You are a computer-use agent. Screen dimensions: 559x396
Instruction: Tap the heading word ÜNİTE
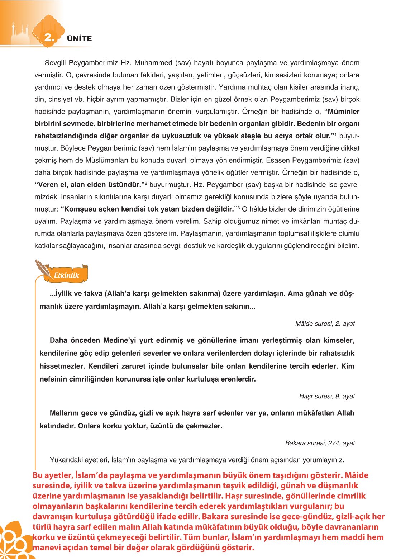point(79,39)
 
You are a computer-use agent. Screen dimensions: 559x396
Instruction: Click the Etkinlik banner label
point(66,275)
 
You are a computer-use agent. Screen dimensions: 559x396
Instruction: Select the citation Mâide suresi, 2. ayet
point(325,324)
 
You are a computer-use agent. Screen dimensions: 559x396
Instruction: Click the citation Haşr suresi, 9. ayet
point(327,396)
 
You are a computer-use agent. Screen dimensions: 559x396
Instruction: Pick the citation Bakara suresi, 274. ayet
point(320,443)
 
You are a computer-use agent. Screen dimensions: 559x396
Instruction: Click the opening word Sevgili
point(56,63)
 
